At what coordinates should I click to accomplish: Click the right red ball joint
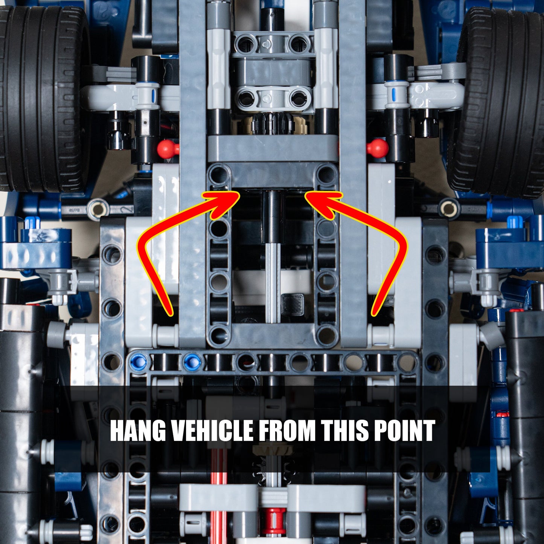coord(378,148)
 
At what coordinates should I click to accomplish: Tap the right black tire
coord(501,102)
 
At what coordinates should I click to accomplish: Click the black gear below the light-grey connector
coord(273,124)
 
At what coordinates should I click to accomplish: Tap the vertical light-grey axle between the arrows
coord(273,282)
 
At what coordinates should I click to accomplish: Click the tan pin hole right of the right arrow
coord(449,208)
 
